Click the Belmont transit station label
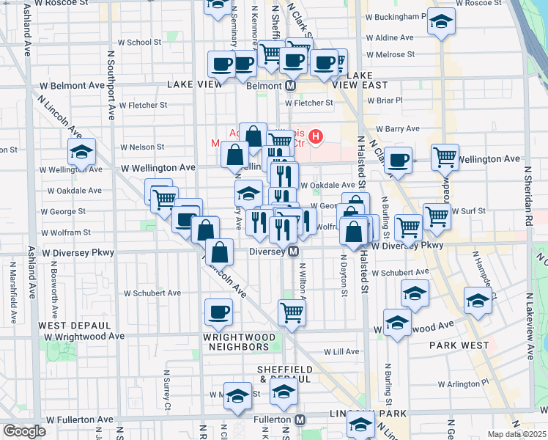[263, 85]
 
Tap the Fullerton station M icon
[300, 419]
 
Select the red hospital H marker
[316, 136]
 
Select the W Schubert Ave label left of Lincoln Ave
[152, 293]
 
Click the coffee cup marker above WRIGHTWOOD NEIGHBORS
[218, 312]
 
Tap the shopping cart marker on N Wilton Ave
[292, 312]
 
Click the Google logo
[24, 431]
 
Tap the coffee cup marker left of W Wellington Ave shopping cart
[398, 159]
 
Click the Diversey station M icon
[293, 252]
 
